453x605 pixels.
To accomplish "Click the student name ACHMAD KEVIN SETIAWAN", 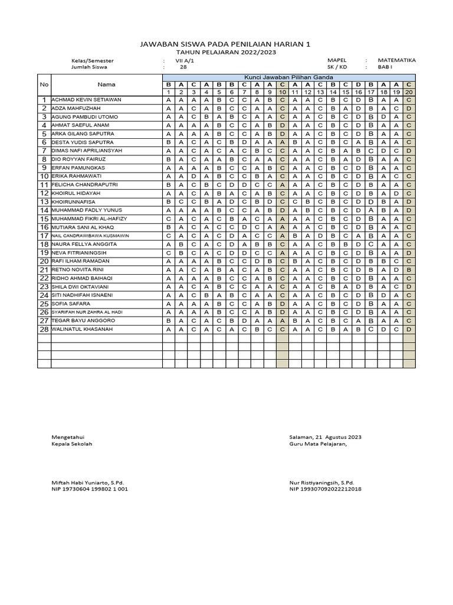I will point(86,100).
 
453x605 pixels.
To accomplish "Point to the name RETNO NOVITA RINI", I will point(78,269).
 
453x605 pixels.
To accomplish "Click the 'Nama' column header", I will point(107,84).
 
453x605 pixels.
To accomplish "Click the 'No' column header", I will point(44,84).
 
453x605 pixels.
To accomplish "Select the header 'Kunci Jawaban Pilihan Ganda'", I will point(289,77).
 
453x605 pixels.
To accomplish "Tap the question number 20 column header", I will point(409,92).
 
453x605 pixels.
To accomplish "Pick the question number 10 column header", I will point(283,92).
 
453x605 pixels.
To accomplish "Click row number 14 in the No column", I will point(44,210).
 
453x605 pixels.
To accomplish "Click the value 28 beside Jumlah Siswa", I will point(183,67).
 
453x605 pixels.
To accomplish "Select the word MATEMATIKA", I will point(397,60).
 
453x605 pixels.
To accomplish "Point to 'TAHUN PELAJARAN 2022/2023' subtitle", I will point(226,52).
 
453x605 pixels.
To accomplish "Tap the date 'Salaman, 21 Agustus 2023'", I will point(326,437).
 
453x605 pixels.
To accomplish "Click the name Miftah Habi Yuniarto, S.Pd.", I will point(88,483).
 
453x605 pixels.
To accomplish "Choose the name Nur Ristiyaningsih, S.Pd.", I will point(321,483).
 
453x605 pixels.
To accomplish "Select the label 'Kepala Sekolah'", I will point(72,444).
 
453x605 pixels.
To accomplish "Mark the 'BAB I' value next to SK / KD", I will point(385,67).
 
